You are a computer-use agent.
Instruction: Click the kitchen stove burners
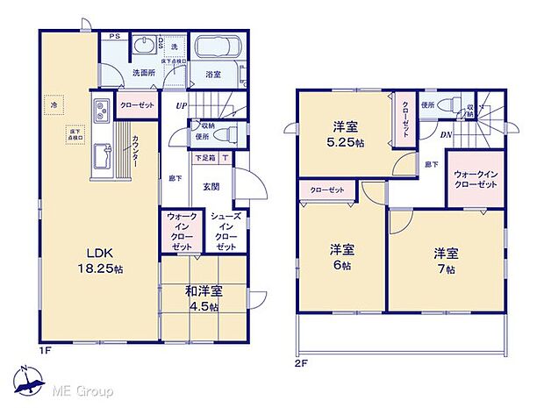pyautogui.click(x=100, y=110)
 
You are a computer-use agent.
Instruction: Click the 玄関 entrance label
pyautogui.click(x=211, y=185)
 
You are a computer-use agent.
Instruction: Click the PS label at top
pyautogui.click(x=114, y=36)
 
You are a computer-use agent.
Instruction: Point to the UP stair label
pyautogui.click(x=182, y=107)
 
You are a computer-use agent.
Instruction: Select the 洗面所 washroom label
pyautogui.click(x=144, y=74)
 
